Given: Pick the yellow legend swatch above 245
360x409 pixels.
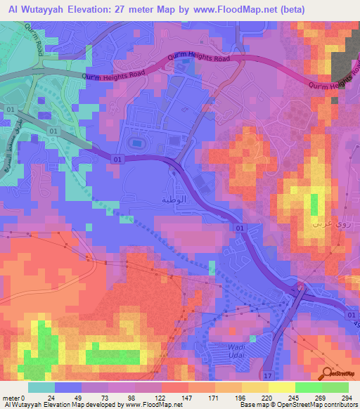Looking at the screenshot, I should click(282, 387).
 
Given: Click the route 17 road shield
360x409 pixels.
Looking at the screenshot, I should click(266, 377).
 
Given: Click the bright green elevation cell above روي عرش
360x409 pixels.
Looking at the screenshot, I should click(314, 204).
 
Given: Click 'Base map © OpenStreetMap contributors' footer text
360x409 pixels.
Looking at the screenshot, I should click(297, 405).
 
